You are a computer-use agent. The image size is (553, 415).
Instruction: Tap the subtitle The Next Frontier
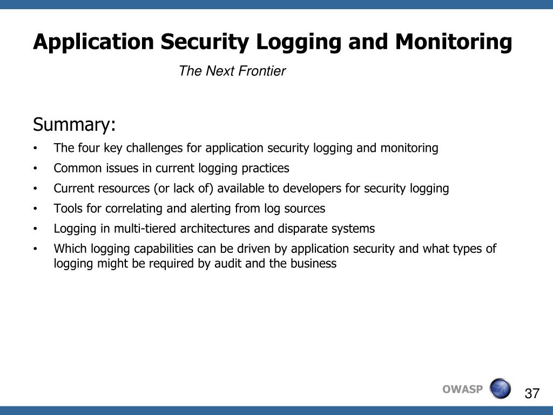(232, 71)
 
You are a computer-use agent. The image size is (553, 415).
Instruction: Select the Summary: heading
(74, 125)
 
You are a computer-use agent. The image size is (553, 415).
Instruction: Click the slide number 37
(532, 393)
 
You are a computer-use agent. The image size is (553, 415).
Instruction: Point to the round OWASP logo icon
(500, 389)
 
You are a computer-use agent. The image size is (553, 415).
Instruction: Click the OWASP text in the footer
(462, 390)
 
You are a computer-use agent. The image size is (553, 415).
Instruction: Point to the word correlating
(122, 209)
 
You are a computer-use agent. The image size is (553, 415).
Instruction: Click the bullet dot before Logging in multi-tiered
(35, 229)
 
